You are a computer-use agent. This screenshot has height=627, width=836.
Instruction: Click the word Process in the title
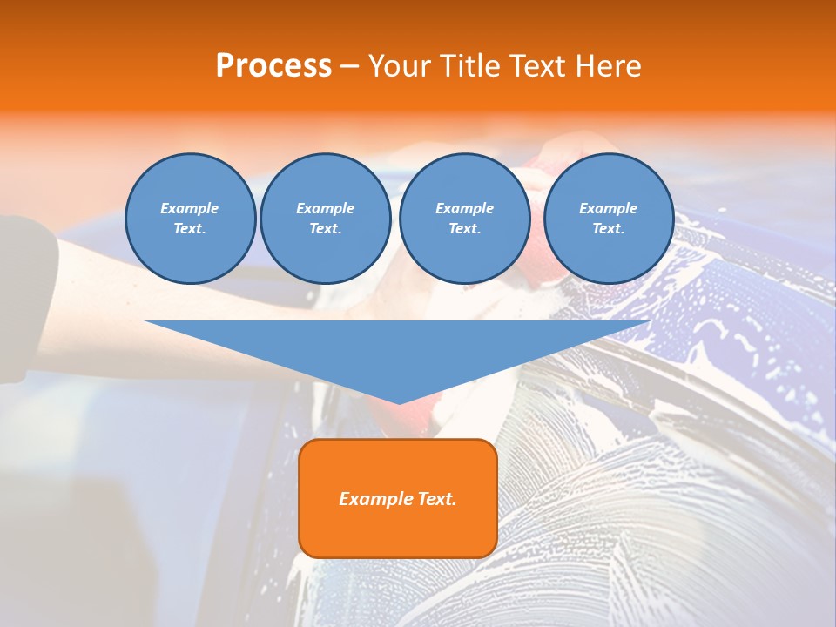click(273, 65)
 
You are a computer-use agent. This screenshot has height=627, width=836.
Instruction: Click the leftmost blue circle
click(190, 219)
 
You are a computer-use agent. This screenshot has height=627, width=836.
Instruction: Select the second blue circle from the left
click(326, 219)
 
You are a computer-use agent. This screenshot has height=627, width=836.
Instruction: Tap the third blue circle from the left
click(464, 219)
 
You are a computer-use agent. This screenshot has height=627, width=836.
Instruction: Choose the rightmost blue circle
click(609, 219)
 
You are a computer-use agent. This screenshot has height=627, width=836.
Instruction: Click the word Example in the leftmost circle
click(190, 208)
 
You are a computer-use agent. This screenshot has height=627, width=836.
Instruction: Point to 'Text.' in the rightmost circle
click(609, 229)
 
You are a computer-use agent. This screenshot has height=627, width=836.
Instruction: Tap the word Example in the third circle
click(464, 208)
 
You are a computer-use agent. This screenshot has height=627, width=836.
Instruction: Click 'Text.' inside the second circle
click(326, 229)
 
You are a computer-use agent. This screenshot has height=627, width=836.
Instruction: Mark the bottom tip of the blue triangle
click(399, 401)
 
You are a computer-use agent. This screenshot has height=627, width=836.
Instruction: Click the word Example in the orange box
click(375, 499)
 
